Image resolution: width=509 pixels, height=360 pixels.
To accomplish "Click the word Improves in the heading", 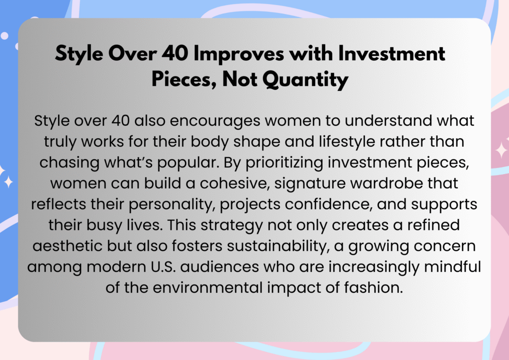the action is pos(239,54).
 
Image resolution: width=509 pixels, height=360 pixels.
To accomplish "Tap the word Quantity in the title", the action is pos(305,80).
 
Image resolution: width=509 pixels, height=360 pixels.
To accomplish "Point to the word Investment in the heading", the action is pos(391,53).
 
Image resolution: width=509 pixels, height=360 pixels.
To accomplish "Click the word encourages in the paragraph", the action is pos(215,121).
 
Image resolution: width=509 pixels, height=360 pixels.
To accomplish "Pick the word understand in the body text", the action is pos(388,121).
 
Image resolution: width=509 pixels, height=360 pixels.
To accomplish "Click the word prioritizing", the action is pos(284,163).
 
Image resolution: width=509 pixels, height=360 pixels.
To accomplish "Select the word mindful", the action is pos(452,267).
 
